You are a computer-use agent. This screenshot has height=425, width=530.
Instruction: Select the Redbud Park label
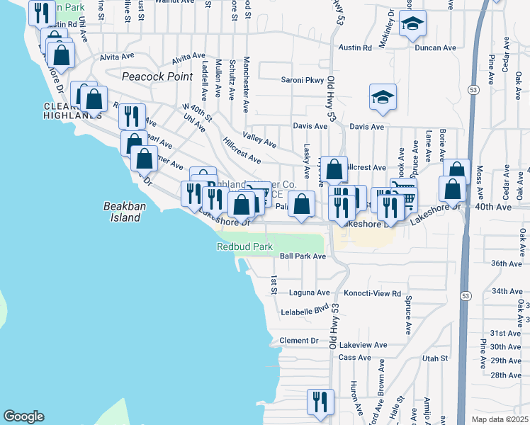[244, 246]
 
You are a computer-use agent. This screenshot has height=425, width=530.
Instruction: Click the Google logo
[23, 416]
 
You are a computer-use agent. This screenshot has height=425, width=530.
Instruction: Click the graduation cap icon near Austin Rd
[412, 25]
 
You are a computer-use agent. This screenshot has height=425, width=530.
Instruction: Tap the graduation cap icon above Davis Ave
[383, 97]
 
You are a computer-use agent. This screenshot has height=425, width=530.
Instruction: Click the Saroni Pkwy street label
[302, 80]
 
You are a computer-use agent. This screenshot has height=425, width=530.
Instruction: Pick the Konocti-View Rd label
[373, 293]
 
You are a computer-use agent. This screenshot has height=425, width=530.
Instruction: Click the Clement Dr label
[299, 341]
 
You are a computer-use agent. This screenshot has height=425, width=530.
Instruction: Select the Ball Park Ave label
[303, 256]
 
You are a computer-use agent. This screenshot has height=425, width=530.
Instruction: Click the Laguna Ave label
[310, 292]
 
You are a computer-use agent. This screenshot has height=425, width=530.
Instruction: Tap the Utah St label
[435, 359]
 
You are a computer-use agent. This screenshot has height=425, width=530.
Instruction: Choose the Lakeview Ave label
[363, 345]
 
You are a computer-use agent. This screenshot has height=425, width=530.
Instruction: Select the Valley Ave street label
[259, 142]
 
